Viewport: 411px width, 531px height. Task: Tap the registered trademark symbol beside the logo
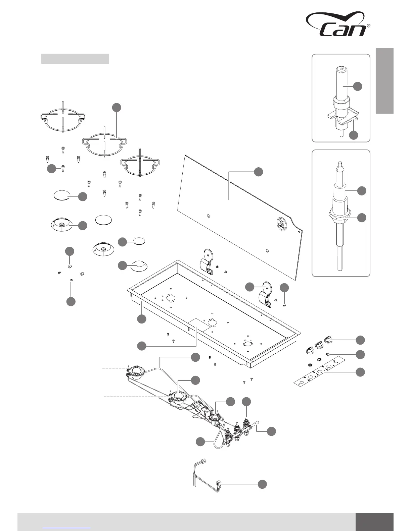(x=368, y=25)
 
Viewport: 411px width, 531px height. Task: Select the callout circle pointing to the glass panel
(x=258, y=172)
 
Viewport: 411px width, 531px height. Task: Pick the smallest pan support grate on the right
(x=142, y=164)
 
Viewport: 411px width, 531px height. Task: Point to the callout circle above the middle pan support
(x=116, y=107)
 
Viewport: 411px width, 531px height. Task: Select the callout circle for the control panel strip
(x=360, y=372)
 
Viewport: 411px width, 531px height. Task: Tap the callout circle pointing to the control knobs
(x=360, y=340)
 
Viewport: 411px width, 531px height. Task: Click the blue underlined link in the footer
(x=66, y=528)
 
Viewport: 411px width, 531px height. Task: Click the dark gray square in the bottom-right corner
(x=374, y=522)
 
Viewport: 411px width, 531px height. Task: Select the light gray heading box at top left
(x=75, y=59)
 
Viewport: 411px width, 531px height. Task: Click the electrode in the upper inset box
(x=341, y=87)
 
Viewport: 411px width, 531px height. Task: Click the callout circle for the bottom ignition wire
(x=262, y=484)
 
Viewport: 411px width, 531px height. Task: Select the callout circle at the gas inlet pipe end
(x=271, y=431)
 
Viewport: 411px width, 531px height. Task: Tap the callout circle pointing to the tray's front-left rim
(x=142, y=319)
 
